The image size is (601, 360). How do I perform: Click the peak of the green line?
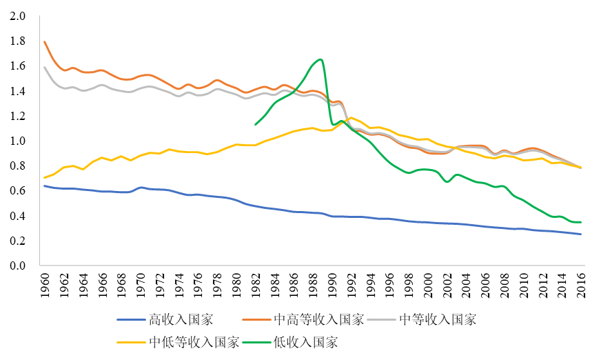(320, 59)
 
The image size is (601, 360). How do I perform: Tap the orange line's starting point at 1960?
(45, 42)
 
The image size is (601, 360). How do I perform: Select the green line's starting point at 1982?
(256, 125)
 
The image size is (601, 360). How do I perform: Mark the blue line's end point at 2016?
(581, 234)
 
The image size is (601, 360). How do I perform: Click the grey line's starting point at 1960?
(45, 68)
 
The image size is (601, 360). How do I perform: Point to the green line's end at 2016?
(581, 222)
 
